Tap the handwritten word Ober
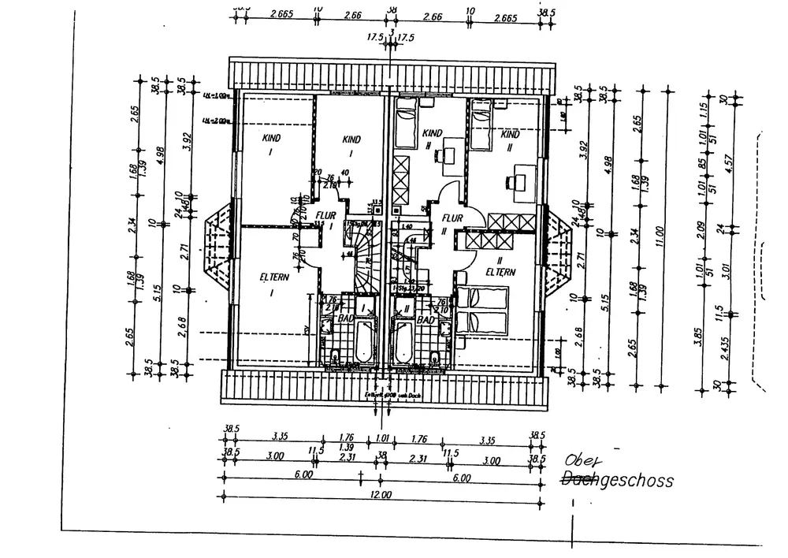[x=582, y=463]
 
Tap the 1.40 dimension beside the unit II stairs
[x=407, y=227]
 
